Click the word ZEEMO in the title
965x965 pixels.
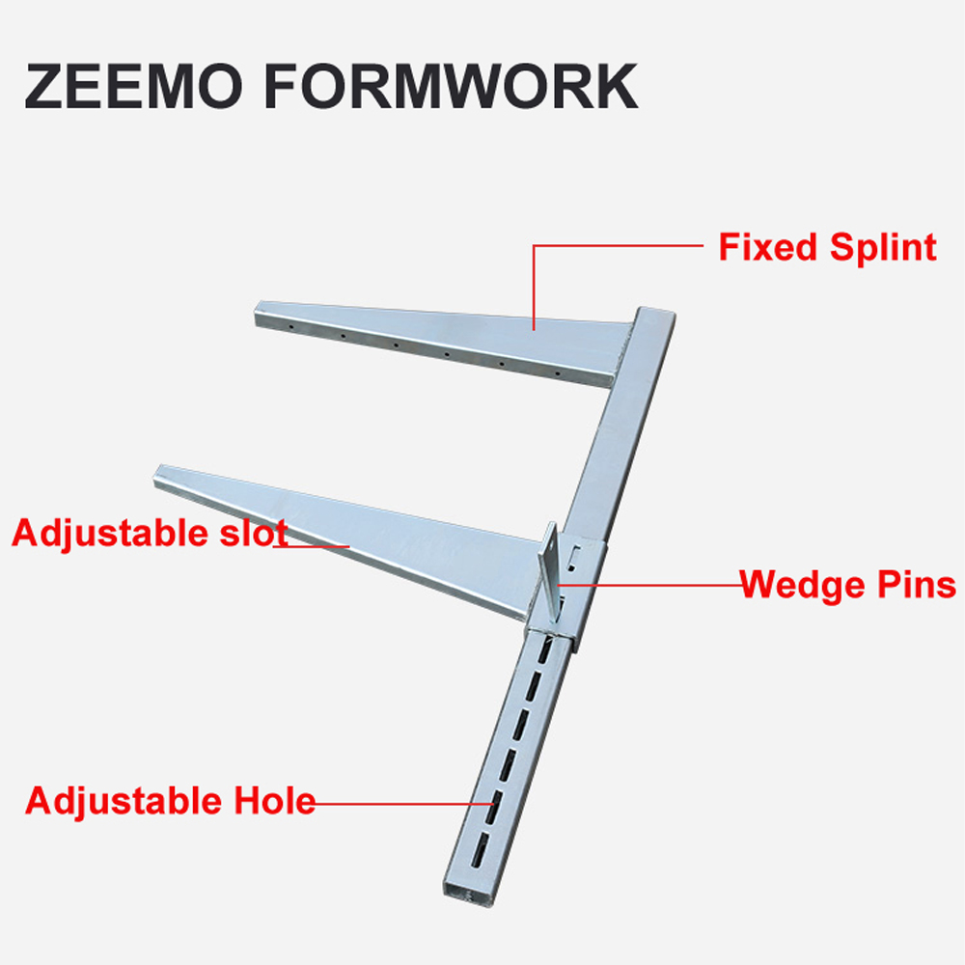pyautogui.click(x=134, y=86)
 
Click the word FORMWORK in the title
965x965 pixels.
pyautogui.click(x=451, y=86)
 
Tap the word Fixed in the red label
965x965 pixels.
pyautogui.click(x=769, y=247)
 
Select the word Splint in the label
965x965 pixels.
pyautogui.click(x=883, y=247)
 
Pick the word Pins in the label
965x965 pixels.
pyautogui.click(x=917, y=584)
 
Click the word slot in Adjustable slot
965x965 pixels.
pyautogui.click(x=254, y=533)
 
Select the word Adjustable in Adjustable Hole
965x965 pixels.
pyautogui.click(x=124, y=801)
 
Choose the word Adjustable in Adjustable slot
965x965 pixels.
pyautogui.click(x=111, y=533)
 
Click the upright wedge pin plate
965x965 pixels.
pyautogui.click(x=550, y=569)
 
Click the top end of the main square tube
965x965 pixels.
pyautogui.click(x=656, y=313)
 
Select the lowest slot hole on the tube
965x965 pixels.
pyautogui.click(x=480, y=850)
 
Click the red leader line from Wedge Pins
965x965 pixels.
pyautogui.click(x=648, y=585)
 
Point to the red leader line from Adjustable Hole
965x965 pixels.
pyautogui.click(x=404, y=803)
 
